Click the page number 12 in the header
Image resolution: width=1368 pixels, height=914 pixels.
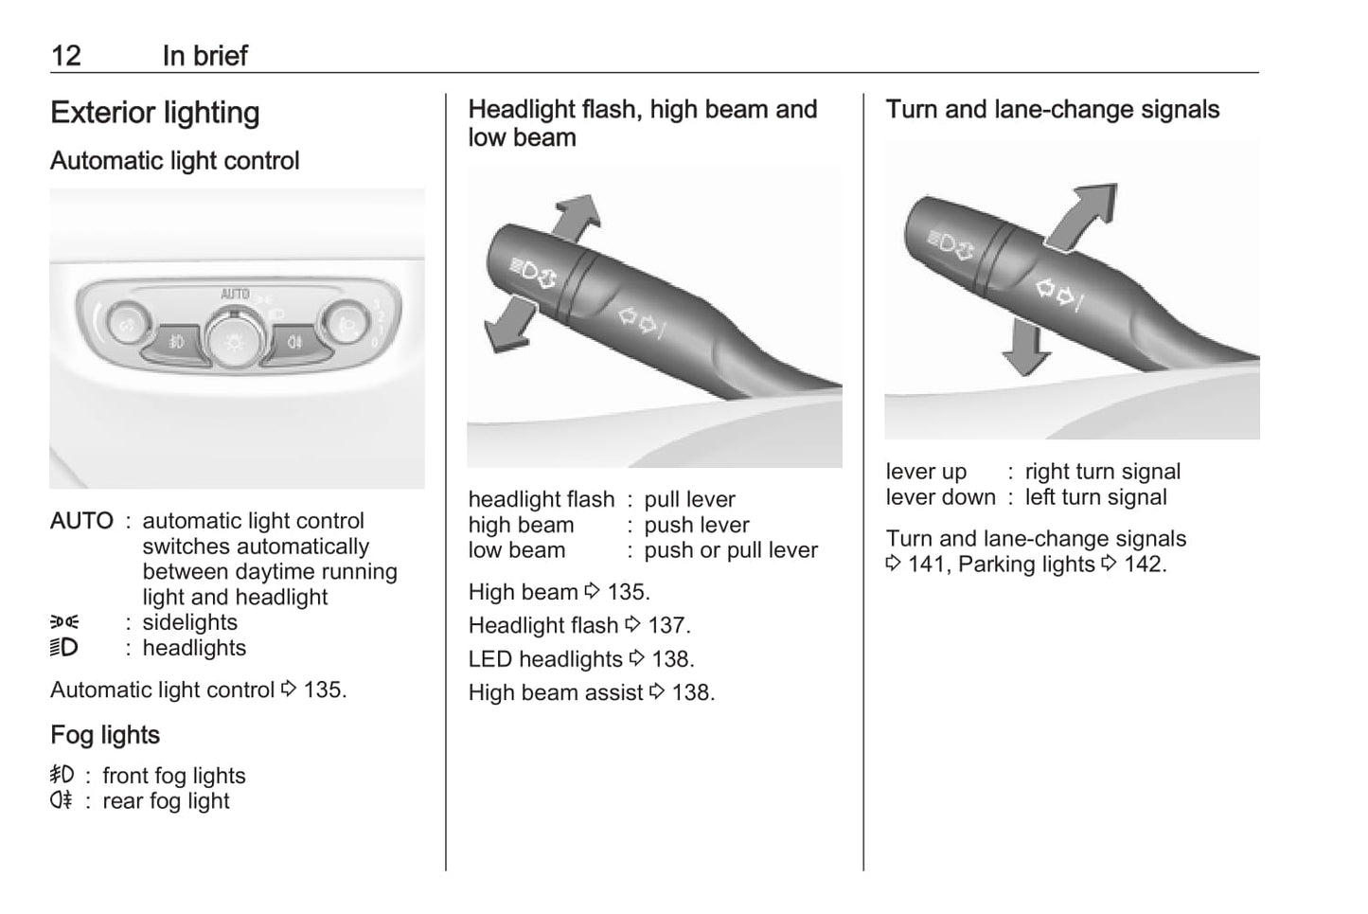tap(66, 56)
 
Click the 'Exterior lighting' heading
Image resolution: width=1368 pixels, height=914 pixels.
tap(155, 113)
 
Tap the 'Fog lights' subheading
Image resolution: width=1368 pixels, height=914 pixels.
tap(105, 735)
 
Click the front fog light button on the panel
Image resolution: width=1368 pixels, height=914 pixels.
tap(176, 342)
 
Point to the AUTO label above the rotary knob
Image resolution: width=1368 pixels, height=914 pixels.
tap(235, 294)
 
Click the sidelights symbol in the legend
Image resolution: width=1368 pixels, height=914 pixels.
tap(64, 622)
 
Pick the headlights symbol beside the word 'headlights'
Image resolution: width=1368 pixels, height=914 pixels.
tap(64, 648)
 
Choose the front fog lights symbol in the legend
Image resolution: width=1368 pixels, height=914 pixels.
tap(62, 775)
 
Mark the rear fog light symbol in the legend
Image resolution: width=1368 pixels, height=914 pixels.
tap(62, 799)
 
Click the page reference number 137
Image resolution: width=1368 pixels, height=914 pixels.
tap(668, 626)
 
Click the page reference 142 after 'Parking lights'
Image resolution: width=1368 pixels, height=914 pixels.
tap(1146, 565)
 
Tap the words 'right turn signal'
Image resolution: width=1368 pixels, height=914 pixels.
tap(1102, 472)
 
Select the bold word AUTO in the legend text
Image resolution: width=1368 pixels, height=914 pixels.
tap(81, 521)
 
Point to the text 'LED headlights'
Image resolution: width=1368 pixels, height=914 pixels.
tap(545, 659)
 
